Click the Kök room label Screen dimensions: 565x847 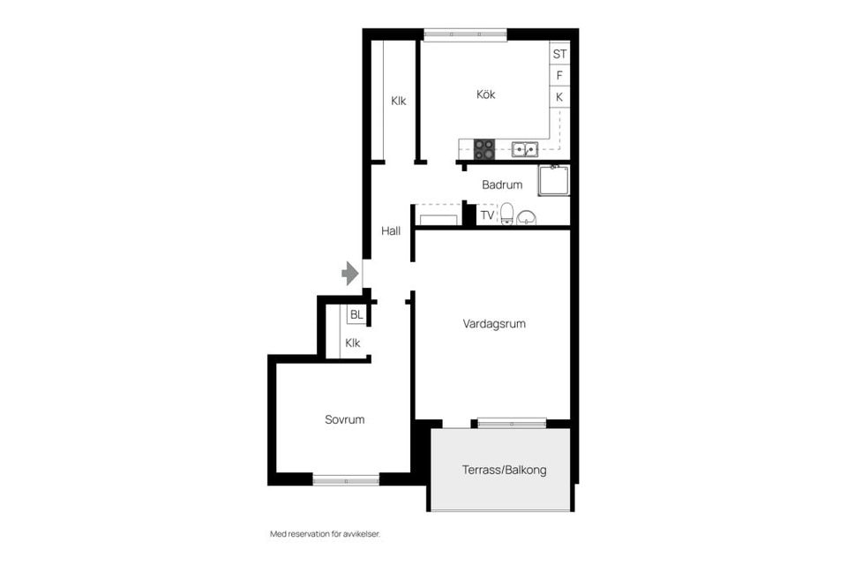(x=485, y=94)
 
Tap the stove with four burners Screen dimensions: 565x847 (x=483, y=149)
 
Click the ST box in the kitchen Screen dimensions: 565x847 (x=559, y=54)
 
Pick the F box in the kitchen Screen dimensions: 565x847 (x=559, y=76)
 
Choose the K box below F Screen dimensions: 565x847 (x=559, y=97)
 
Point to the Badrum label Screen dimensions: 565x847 (x=502, y=185)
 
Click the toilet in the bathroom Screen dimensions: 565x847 (x=507, y=214)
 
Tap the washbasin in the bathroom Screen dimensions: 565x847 (x=527, y=217)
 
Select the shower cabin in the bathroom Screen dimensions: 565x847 (x=554, y=181)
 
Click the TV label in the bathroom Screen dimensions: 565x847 (x=487, y=215)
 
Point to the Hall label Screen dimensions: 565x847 (x=391, y=231)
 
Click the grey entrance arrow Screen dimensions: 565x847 (x=350, y=274)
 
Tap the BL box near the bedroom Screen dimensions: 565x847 (x=356, y=315)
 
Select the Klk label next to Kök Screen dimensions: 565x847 (x=399, y=102)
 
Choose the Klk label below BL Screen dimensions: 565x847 (x=353, y=343)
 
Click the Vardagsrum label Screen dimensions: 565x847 (x=494, y=324)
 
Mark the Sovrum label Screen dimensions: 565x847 (x=344, y=420)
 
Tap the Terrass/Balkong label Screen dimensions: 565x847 (x=504, y=470)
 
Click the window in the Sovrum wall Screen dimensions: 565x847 (x=346, y=480)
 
